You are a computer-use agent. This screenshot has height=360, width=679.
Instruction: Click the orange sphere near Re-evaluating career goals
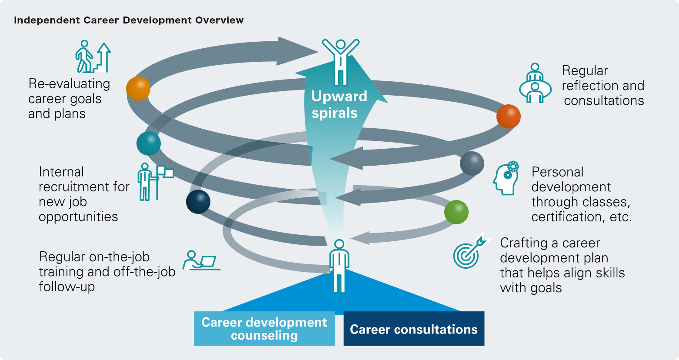[138, 89]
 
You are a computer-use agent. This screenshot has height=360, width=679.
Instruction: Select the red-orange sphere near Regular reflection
[508, 116]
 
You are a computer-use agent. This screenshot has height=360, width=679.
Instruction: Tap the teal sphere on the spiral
[149, 143]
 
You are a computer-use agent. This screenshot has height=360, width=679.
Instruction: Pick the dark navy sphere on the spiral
[198, 202]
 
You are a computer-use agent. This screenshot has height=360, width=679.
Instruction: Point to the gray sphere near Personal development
[472, 163]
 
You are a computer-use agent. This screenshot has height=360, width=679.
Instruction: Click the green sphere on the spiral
[456, 212]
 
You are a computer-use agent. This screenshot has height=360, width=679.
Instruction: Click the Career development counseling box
[264, 329]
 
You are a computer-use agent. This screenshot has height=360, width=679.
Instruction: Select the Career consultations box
[413, 329]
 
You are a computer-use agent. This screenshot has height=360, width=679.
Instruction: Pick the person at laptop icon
[200, 260]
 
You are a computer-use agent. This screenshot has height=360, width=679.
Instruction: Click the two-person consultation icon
[535, 83]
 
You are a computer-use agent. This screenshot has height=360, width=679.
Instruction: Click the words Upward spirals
[339, 104]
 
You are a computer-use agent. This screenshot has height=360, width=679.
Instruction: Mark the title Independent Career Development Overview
[129, 20]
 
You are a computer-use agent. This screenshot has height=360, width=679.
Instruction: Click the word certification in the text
[566, 217]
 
